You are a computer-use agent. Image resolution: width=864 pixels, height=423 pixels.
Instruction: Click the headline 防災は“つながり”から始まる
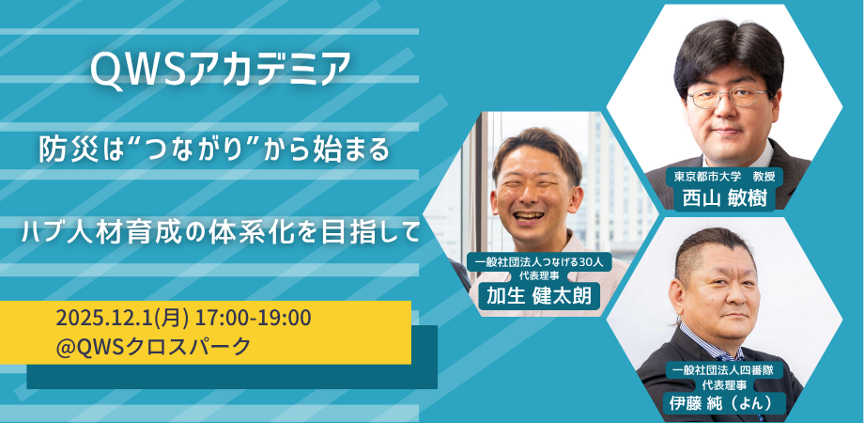coord(214,150)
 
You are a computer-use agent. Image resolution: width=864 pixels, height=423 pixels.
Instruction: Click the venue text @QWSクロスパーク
coord(154,346)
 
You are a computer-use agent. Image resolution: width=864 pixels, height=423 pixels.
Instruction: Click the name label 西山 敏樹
coord(725,198)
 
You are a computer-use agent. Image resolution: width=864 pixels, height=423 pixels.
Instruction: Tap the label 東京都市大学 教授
coord(725,177)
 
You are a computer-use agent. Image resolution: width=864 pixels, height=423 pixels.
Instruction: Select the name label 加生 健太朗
coord(539,297)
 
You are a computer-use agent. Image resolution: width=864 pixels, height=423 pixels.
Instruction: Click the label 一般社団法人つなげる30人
coord(539,262)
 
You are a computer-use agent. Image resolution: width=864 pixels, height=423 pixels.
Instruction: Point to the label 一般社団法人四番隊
coord(725,370)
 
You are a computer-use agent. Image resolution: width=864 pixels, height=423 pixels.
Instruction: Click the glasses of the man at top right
coord(729,98)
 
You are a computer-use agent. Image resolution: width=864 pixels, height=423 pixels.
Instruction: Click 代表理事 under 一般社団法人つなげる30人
coord(539,274)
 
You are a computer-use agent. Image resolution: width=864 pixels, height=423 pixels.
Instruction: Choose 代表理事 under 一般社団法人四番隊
coord(725,384)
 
